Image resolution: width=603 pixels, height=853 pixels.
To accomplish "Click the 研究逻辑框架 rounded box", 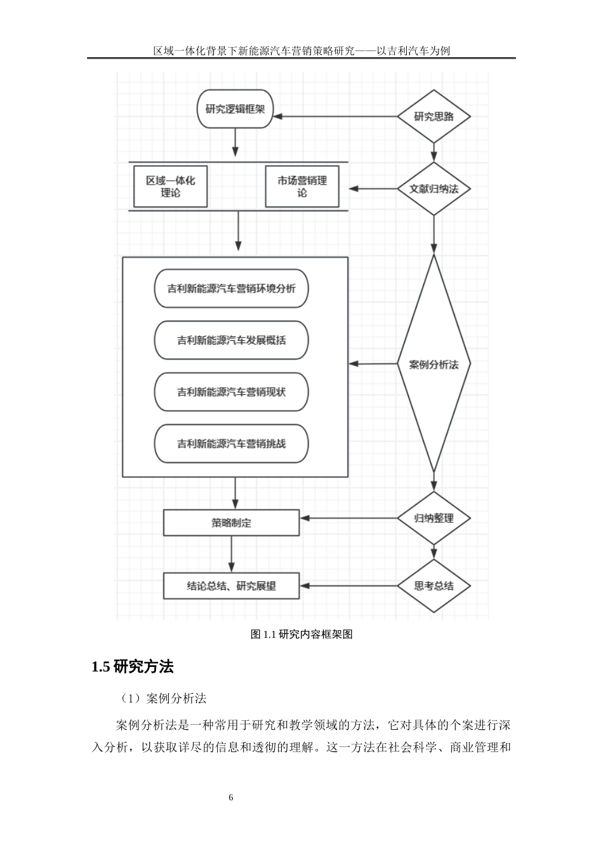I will point(235,109).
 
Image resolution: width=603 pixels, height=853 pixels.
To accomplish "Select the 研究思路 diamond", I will point(434,117).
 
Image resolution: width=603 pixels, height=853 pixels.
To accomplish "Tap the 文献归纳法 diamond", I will point(434,188).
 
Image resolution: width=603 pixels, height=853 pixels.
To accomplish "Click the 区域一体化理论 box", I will point(170,186).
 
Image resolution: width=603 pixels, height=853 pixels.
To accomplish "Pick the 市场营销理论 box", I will point(302,186).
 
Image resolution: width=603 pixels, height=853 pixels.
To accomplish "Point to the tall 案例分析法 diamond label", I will point(434,364).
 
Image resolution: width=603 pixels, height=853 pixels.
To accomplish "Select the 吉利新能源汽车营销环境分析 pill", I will point(232,289).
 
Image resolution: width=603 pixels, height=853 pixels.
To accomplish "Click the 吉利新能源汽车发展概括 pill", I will point(232,340).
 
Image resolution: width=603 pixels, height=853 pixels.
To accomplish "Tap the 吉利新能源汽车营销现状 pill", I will point(232,392).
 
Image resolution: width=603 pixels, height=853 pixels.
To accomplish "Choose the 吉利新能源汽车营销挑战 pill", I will point(232,444).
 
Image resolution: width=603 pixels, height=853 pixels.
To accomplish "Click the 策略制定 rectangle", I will point(231,523).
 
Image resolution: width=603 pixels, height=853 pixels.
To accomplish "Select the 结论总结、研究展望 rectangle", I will point(231,586).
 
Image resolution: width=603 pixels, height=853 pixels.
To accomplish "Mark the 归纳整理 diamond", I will point(434,518).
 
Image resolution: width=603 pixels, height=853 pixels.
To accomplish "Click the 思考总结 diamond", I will point(434,586).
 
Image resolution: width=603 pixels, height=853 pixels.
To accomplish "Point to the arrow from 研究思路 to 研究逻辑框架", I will point(335,117).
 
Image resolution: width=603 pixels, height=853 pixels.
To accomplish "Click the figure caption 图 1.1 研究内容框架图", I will point(302,634).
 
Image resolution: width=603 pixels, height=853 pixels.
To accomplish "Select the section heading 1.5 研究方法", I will point(133,667).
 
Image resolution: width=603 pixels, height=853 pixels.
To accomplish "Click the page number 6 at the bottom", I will point(231,797).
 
